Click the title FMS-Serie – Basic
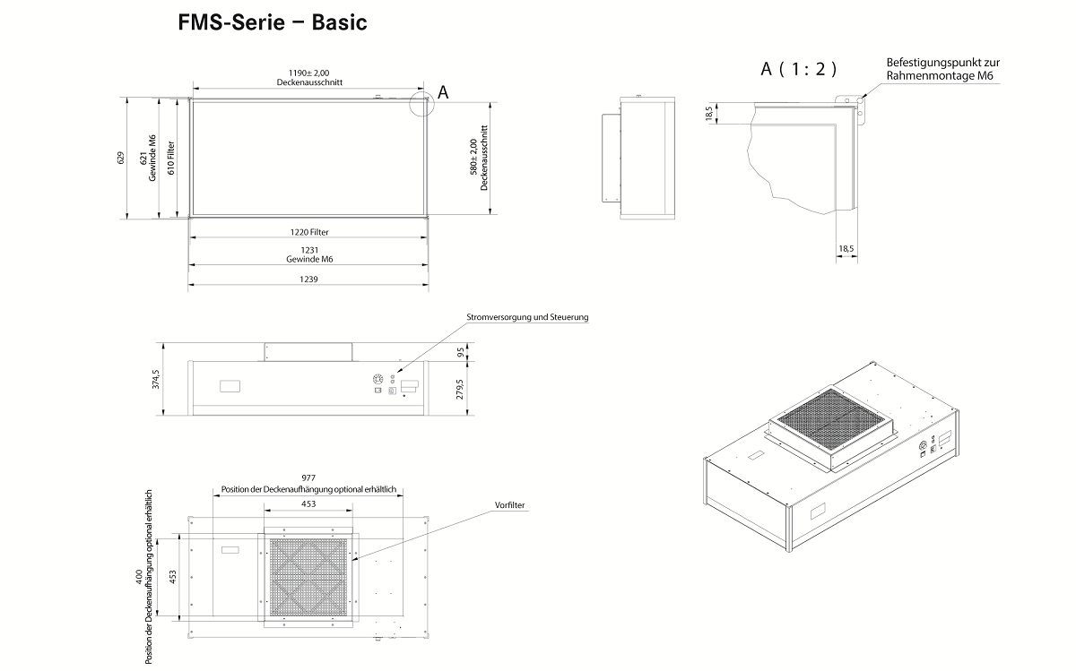tap(273, 22)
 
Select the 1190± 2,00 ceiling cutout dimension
tap(308, 73)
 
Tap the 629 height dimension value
tap(121, 158)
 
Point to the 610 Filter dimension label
tap(170, 158)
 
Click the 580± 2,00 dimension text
tap(485, 158)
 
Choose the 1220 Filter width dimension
tap(308, 232)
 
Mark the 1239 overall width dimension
tap(308, 280)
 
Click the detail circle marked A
tap(421, 101)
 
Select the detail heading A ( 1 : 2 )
tap(798, 69)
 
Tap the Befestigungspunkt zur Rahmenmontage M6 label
tap(942, 69)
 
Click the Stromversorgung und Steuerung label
tap(527, 317)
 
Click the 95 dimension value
tap(463, 351)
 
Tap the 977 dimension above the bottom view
tap(308, 478)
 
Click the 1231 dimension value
tap(308, 251)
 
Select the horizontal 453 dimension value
tap(308, 504)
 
